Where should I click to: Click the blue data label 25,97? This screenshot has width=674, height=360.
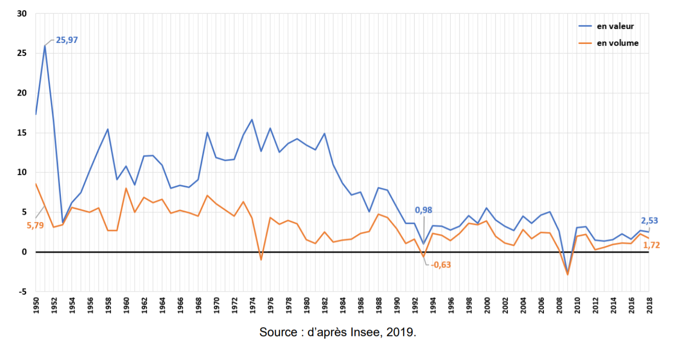(67, 40)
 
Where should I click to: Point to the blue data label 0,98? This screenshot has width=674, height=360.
(423, 210)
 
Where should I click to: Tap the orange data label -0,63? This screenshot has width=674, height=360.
(440, 265)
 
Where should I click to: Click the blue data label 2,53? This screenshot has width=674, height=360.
(650, 221)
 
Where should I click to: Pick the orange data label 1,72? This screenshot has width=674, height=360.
(651, 245)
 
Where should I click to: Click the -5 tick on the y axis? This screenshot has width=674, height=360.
(23, 292)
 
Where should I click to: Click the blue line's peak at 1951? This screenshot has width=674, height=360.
(45, 46)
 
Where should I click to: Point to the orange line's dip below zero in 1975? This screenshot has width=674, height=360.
(261, 260)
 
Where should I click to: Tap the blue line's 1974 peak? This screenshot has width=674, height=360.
(252, 120)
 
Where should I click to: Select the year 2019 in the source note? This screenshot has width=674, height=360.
(399, 332)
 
